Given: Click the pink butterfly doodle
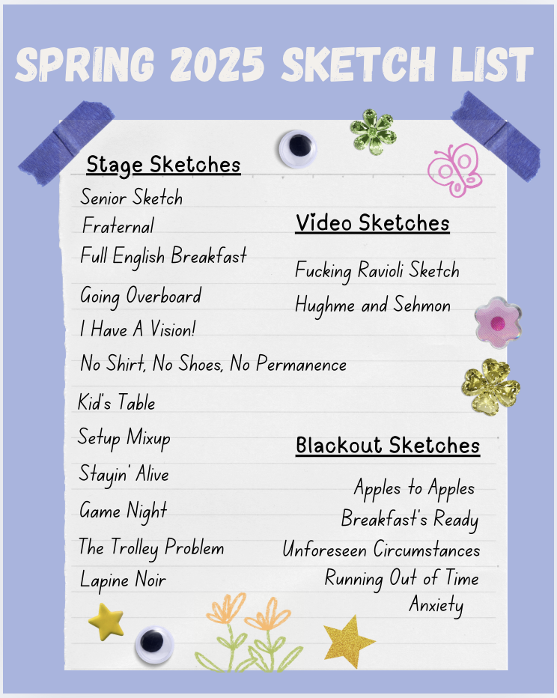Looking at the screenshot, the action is click(x=454, y=169).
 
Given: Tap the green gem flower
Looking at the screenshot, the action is click(x=373, y=132).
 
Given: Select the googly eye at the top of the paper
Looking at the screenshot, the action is click(x=298, y=149).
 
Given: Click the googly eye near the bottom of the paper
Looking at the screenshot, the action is click(x=154, y=645).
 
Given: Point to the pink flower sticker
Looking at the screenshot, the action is click(x=498, y=322).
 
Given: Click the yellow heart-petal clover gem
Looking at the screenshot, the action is click(x=490, y=386).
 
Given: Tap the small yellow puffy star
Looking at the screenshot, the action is click(x=106, y=621).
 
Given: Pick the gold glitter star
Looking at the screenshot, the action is click(x=348, y=642).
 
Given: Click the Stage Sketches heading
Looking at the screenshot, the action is click(x=163, y=166).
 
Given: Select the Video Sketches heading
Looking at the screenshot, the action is click(x=372, y=222).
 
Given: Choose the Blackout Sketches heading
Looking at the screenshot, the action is click(x=388, y=445).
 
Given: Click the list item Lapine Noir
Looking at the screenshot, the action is click(x=123, y=580).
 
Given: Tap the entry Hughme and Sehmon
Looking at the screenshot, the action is click(x=373, y=306).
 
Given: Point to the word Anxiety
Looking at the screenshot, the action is click(x=436, y=606).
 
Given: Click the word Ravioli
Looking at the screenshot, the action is click(x=381, y=270).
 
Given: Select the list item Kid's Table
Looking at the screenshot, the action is click(x=117, y=401).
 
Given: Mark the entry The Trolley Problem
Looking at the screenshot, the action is click(x=151, y=547).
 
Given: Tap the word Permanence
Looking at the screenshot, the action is click(x=301, y=364).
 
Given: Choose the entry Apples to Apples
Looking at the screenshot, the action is click(x=414, y=488).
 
